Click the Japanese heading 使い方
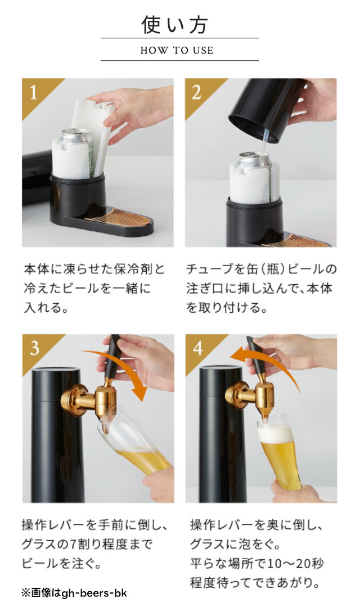coord(175,25)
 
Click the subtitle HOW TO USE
coord(177,50)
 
